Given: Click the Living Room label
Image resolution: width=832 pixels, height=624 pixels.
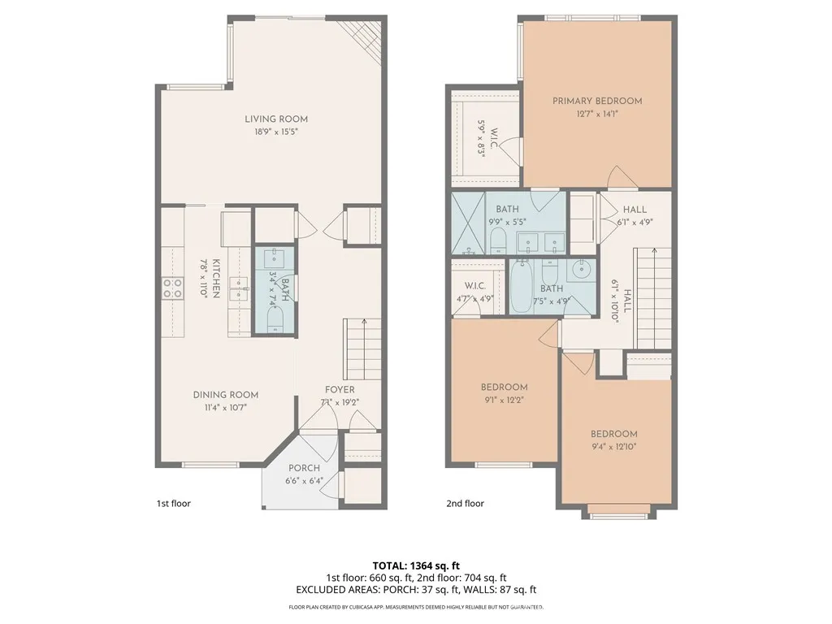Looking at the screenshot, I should coord(276,119).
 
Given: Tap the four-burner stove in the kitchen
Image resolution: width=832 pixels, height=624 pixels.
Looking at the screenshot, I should coord(172,288).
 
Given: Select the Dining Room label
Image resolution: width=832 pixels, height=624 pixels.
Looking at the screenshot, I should coord(219,395).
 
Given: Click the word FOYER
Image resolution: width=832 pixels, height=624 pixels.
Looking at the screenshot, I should coord(340,390).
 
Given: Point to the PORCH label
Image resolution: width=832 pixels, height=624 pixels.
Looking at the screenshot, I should coord(305,468).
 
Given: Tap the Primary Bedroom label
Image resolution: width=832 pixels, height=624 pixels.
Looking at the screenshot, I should coord(597,101).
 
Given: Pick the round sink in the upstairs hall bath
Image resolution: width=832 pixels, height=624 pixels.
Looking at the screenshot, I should coord(581,270).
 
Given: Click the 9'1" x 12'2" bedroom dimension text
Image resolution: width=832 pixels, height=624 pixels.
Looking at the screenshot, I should coord(504,400).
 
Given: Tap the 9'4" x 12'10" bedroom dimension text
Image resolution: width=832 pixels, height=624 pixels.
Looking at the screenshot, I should coord(613,447).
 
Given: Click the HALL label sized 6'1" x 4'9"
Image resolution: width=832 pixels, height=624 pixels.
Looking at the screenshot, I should coord(635,210).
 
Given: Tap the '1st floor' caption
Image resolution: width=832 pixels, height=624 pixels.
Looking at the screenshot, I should coord(173,504).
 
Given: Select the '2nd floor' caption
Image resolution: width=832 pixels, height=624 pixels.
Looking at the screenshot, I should coord(465,504).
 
